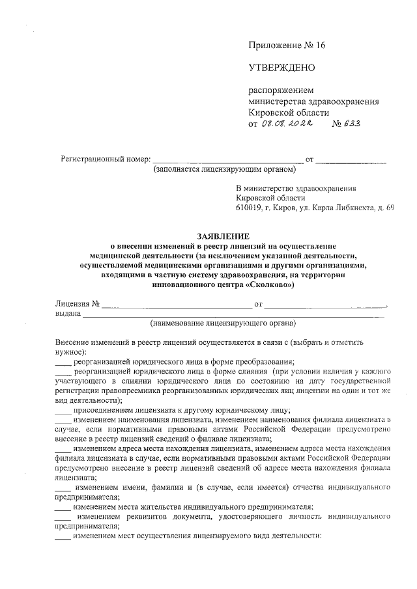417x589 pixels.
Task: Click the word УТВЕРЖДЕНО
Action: pyautogui.click(x=281, y=67)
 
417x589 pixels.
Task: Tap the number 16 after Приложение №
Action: pyautogui.click(x=319, y=45)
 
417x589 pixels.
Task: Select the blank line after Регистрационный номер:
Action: pyautogui.click(x=227, y=159)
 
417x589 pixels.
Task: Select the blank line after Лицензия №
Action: pyautogui.click(x=176, y=304)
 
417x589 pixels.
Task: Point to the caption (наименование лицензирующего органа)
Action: pyautogui.click(x=223, y=323)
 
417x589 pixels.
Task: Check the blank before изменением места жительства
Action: pyautogui.click(x=63, y=507)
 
